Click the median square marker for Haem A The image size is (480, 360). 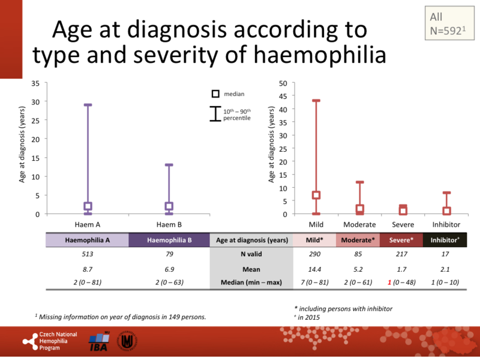88,206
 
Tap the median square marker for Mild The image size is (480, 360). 316,195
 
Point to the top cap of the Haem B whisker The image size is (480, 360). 169,165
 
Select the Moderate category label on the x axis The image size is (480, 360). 359,224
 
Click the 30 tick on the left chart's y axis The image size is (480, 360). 37,101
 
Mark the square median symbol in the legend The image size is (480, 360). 215,94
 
